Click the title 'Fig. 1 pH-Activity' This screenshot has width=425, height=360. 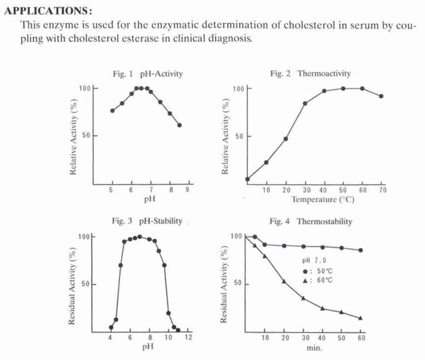point(148,73)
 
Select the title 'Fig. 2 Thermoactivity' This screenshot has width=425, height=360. point(310,73)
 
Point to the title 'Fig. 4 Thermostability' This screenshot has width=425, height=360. point(311,221)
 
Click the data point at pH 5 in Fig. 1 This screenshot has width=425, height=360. point(112,110)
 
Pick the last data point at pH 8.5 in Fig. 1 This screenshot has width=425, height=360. point(180,125)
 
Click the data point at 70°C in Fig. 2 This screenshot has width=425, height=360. point(381,96)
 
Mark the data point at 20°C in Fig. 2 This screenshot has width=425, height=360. point(285,139)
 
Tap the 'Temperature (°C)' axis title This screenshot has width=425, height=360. point(323,199)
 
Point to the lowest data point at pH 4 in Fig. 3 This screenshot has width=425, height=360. point(111,327)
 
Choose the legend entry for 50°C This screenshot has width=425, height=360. point(318,271)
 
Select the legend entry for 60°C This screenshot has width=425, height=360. point(318,281)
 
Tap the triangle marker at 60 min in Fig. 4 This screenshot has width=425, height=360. point(361,318)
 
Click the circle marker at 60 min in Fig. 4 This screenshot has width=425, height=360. point(361,250)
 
